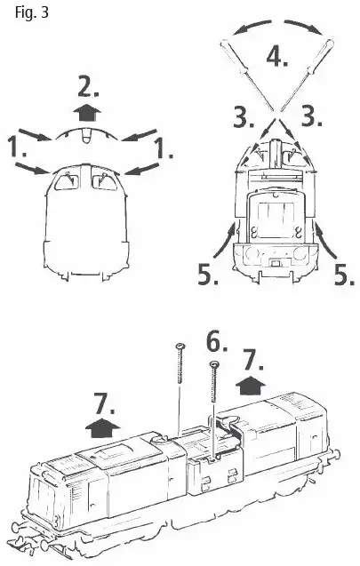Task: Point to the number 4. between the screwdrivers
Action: tap(277, 57)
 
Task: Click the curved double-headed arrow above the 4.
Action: tap(276, 26)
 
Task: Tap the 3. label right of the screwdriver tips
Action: tap(310, 117)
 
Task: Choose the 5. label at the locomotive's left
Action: tap(210, 276)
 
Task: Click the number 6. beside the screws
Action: tap(218, 341)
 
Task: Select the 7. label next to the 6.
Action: tap(253, 359)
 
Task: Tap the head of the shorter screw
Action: tap(213, 363)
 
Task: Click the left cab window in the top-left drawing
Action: tap(65, 182)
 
